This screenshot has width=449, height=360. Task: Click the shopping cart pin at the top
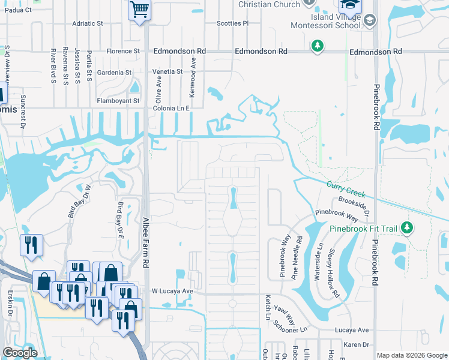coord(139,10)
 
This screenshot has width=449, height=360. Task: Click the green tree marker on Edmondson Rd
coord(317,46)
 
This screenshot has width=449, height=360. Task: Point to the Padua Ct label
coord(17,10)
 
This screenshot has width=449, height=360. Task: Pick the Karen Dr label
coord(357,345)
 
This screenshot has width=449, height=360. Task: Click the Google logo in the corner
coord(20,353)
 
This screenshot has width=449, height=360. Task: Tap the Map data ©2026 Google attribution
coord(411,355)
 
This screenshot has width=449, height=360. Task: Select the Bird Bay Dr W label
coord(74,203)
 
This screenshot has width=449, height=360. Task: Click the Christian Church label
coord(269,5)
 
